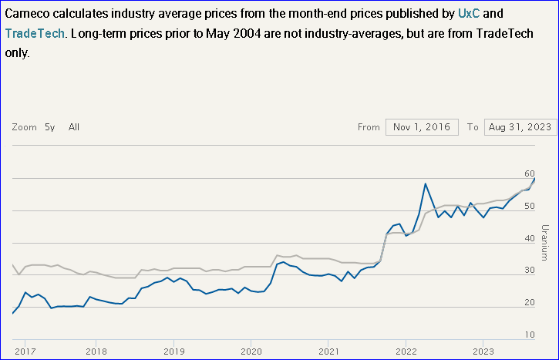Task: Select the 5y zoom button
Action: point(50,127)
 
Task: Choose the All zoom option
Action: point(74,127)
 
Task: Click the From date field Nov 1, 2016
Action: point(422,127)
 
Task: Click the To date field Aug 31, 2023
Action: point(520,127)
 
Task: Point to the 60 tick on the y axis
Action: point(529,173)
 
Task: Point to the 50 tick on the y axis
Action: point(529,206)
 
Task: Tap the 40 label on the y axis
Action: point(529,238)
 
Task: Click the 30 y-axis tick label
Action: point(529,271)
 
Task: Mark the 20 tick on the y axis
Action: point(529,302)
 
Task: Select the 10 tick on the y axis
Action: point(529,335)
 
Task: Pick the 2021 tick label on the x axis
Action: point(328,351)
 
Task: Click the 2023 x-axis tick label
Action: point(483,351)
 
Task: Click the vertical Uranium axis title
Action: point(544,242)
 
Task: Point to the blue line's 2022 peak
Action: point(426,183)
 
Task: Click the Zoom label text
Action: point(24,127)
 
